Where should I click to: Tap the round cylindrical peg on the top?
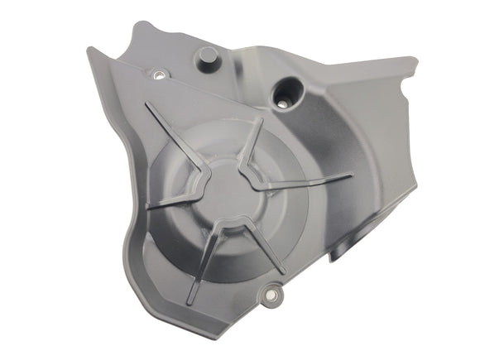pos(206,59)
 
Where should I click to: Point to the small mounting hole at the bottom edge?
pos(271,293)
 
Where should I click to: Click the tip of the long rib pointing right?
pos(352,175)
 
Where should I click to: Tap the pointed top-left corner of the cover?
pos(89,51)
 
